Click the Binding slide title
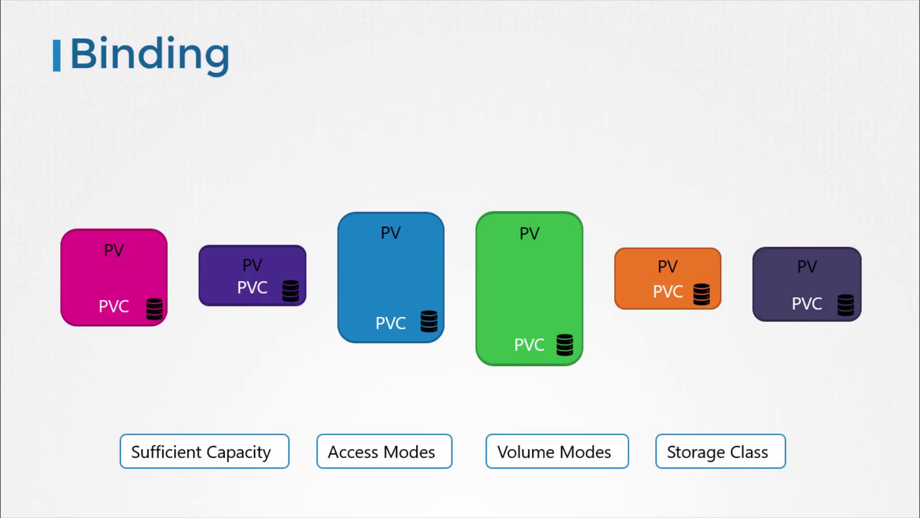tap(150, 55)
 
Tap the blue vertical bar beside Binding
tap(57, 56)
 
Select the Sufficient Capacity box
tap(205, 451)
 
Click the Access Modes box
tap(384, 451)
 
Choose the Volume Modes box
tap(557, 451)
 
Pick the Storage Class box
tap(721, 451)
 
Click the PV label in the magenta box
tap(114, 250)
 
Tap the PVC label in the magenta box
tap(114, 306)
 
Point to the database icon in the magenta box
tap(154, 309)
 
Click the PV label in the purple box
tap(253, 265)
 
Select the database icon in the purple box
tap(290, 291)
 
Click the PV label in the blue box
tap(391, 233)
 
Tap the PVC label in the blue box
tap(391, 323)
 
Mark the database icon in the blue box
tap(429, 321)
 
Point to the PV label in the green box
tap(529, 234)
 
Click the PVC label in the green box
tap(529, 345)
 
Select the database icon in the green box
tap(564, 345)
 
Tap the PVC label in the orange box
tap(668, 292)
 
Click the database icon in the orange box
tap(701, 294)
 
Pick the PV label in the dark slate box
tap(807, 267)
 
